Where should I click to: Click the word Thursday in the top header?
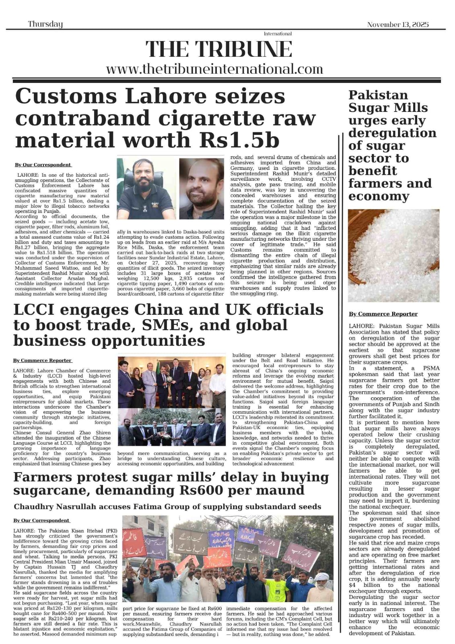tap(45, 24)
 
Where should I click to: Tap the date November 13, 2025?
tap(397, 25)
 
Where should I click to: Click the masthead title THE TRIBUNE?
tap(219, 49)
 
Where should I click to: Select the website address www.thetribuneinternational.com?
tap(214, 69)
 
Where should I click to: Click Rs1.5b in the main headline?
tap(245, 140)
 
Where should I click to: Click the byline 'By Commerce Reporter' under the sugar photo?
tap(383, 314)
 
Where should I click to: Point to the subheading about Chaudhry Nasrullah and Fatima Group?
tap(167, 506)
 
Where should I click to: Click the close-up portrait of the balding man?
tap(201, 188)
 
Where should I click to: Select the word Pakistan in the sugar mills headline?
tap(373, 95)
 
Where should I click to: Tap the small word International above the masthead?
tap(278, 34)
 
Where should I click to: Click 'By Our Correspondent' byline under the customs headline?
tap(43, 165)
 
